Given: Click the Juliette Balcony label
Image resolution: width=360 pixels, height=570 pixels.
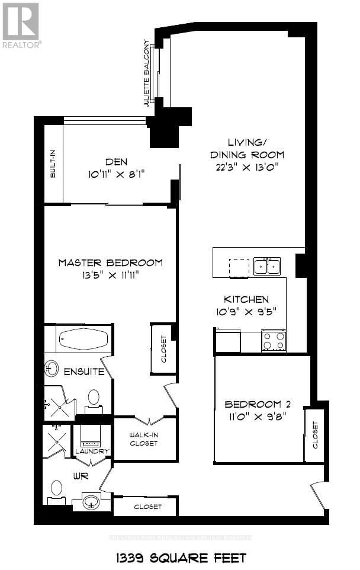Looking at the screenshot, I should click(146, 73).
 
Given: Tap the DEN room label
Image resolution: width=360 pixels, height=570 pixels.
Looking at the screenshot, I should click(116, 161).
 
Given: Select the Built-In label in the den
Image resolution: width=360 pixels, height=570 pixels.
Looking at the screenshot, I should click(53, 164).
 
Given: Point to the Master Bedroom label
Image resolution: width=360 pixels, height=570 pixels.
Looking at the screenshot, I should click(110, 262).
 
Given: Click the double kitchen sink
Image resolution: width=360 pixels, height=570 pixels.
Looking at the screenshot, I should click(266, 267).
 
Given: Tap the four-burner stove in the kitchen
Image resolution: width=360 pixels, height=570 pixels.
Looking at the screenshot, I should click(274, 341).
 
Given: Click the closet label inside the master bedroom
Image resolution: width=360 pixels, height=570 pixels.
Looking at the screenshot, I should click(163, 349).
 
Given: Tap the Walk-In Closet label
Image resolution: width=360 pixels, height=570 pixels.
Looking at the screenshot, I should click(144, 439).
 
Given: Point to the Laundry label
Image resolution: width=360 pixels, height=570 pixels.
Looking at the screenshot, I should click(92, 451).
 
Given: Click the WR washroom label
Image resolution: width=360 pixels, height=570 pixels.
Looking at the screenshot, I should click(81, 476).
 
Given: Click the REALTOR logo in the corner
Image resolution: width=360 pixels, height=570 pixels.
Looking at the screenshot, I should click(21, 25).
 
